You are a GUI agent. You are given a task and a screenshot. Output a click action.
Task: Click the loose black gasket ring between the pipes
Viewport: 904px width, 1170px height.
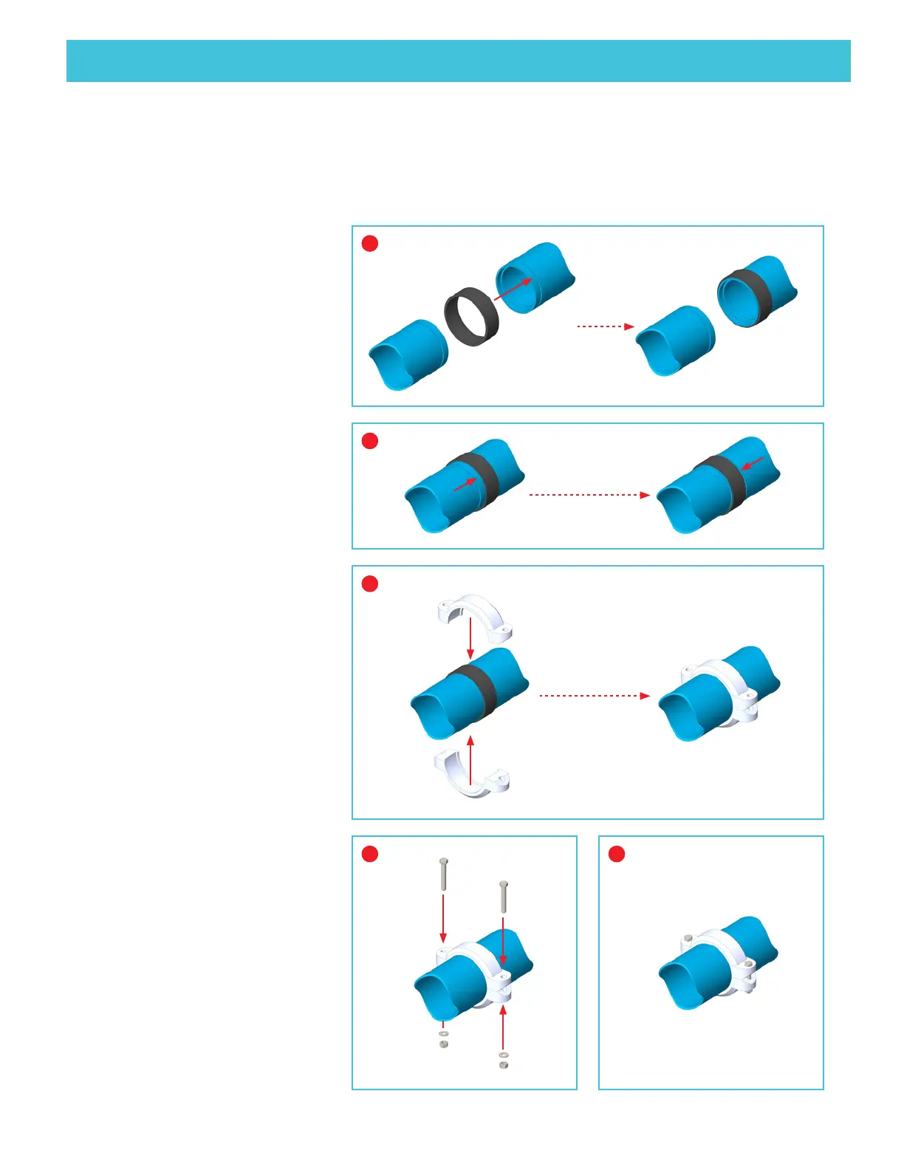[471, 316]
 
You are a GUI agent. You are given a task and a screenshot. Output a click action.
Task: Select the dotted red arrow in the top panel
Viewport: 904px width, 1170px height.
[605, 326]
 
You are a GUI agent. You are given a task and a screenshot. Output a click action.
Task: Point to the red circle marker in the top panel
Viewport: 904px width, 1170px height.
[370, 243]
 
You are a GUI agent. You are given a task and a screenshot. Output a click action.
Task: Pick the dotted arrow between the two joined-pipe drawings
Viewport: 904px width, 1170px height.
[589, 495]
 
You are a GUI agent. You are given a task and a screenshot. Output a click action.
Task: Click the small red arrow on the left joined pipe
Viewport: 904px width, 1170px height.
[465, 485]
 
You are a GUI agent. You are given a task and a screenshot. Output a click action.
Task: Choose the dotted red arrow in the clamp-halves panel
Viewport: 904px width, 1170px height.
[595, 696]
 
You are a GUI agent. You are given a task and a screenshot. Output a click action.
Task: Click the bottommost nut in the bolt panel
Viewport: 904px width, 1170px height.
[504, 1065]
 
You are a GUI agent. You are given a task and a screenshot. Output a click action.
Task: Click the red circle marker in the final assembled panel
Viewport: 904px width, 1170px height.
[617, 854]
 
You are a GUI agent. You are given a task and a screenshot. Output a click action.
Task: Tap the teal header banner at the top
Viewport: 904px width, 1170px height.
[458, 61]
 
